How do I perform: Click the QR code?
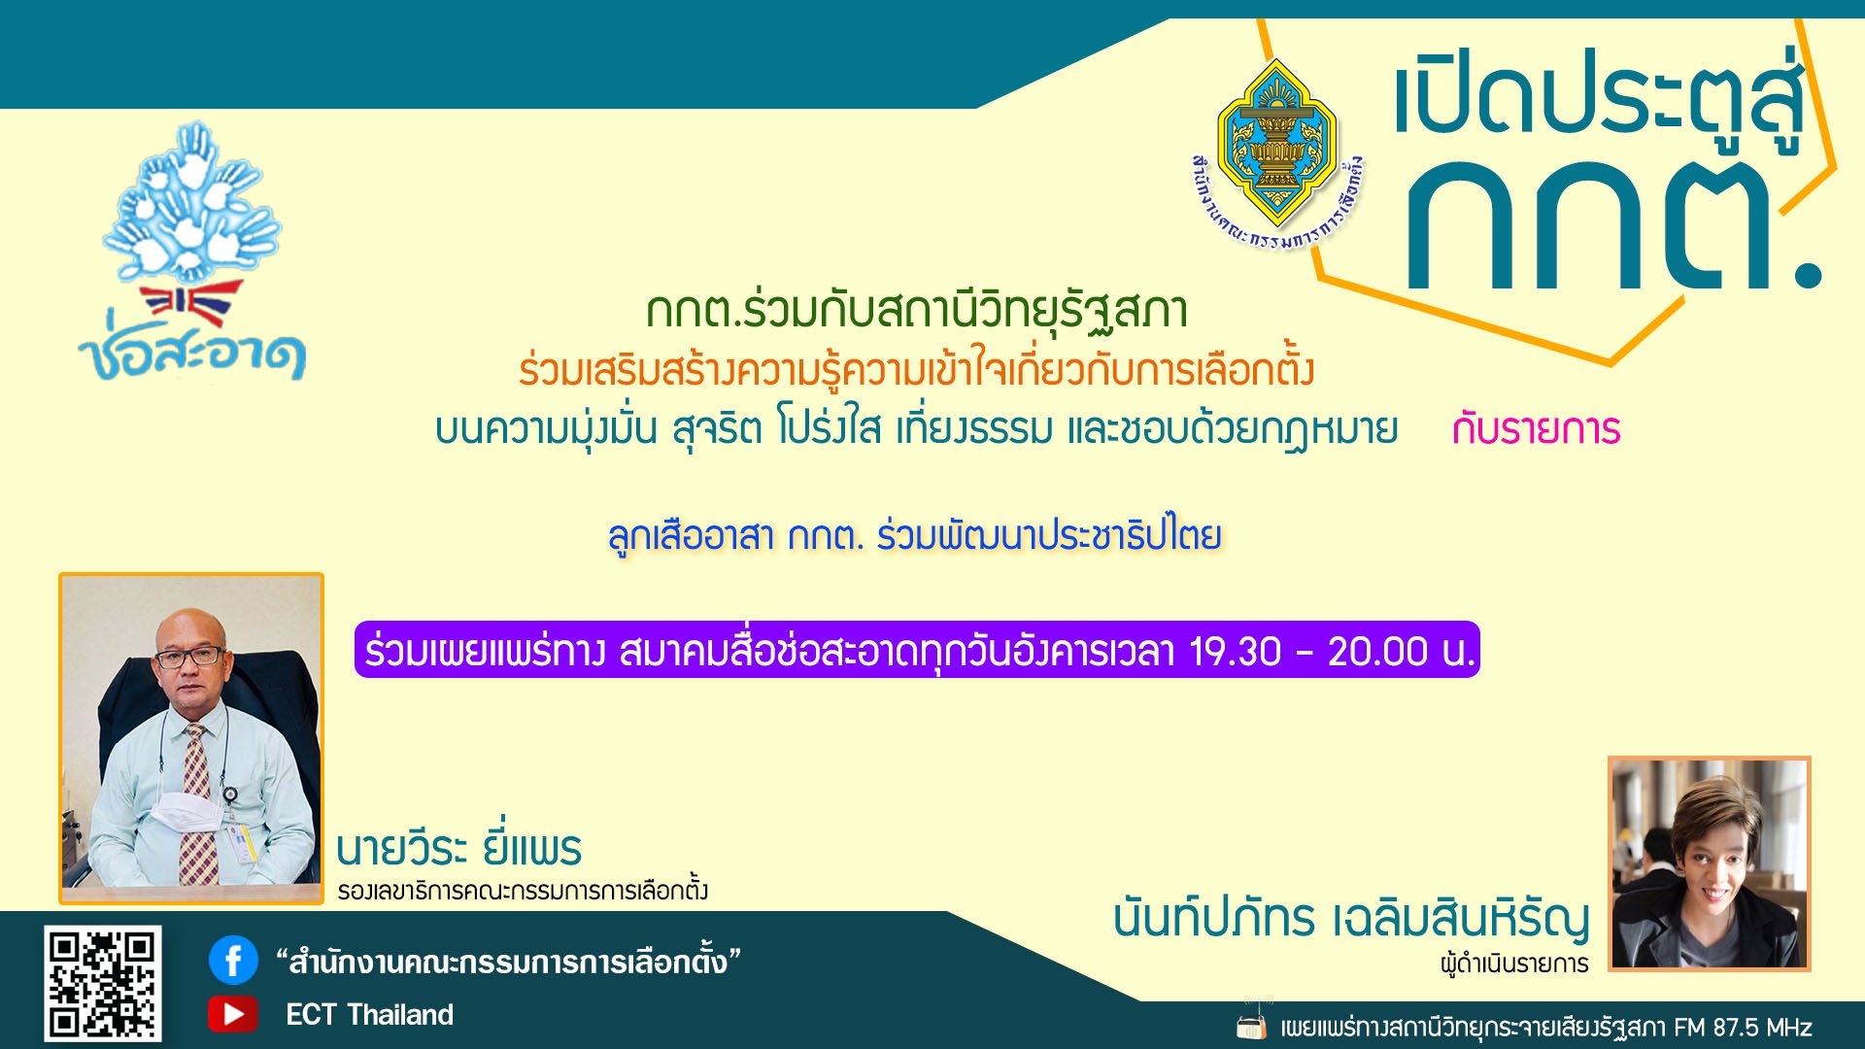pos(102,983)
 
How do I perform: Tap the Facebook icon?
pos(233,961)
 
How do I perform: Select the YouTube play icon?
pos(233,1014)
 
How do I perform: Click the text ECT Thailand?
pos(369,1015)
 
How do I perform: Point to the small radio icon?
pos(1251,1024)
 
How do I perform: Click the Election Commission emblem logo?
pos(1277,155)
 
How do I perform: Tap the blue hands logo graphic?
pos(192,204)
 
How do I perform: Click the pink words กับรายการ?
pos(1536,429)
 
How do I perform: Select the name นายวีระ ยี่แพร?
pos(458,848)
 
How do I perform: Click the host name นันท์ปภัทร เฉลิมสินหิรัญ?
pos(1351,917)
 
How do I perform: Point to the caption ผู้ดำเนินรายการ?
pos(1514,964)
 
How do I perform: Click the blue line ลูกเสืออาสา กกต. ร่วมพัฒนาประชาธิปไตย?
pos(915,535)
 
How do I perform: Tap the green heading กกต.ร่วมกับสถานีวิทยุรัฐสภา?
pos(917,312)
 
